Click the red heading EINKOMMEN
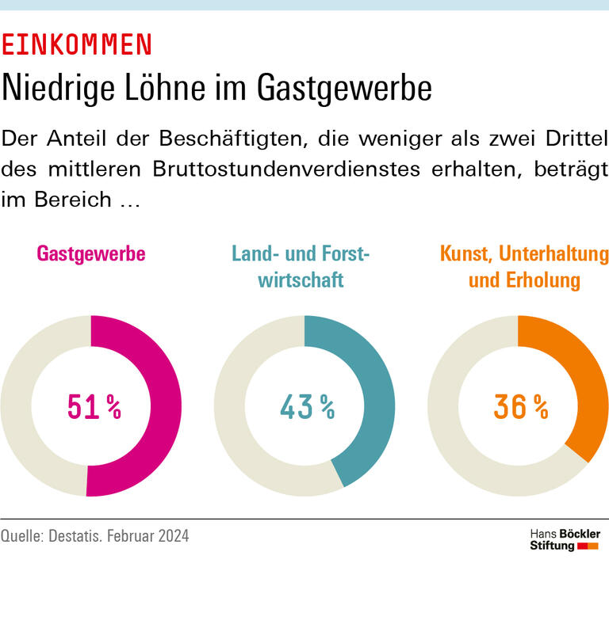76,45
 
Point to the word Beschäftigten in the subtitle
230,139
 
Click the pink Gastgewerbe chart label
91,254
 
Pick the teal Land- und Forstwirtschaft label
301,267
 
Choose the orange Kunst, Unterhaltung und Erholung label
524,267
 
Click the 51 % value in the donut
94,407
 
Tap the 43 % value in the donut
307,407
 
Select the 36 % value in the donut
520,407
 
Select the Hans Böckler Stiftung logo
564,539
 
